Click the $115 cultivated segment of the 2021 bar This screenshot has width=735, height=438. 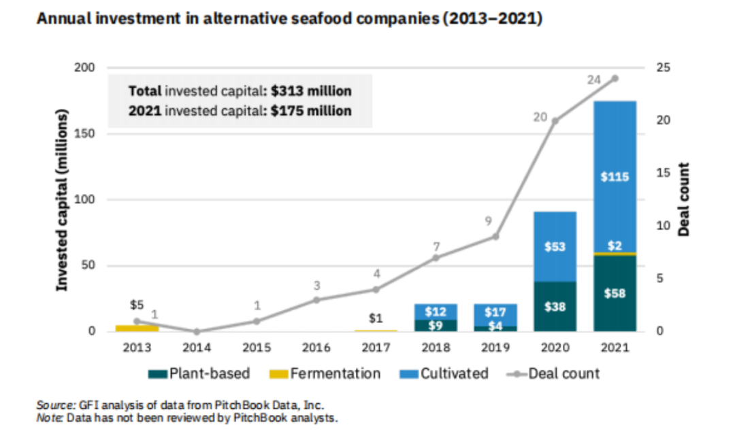(x=615, y=177)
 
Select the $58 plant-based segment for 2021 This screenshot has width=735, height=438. (x=615, y=293)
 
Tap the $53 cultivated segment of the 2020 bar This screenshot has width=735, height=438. (x=555, y=246)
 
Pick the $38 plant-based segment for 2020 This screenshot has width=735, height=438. (x=555, y=306)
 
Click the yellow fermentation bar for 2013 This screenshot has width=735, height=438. (x=137, y=328)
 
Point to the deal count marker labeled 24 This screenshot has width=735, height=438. (x=615, y=78)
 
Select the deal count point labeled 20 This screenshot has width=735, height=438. (x=555, y=120)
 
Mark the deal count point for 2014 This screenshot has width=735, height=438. (x=197, y=331)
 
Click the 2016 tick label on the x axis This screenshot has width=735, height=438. (x=316, y=348)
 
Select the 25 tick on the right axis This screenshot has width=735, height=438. (x=664, y=68)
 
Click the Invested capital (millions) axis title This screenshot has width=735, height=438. (x=63, y=200)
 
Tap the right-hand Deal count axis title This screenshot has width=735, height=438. (x=685, y=199)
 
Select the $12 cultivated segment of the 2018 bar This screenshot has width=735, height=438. (x=436, y=311)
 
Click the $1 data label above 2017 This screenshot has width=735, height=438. (x=376, y=318)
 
